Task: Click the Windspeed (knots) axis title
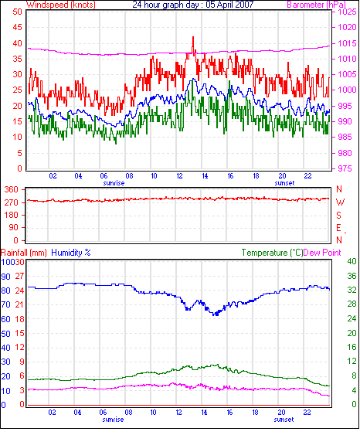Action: point(61,5)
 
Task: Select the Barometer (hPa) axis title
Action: point(317,5)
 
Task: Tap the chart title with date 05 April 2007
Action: point(193,5)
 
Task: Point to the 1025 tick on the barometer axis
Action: point(347,12)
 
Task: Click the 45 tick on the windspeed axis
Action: point(18,28)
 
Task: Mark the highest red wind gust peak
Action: point(193,37)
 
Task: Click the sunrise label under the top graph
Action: point(114,183)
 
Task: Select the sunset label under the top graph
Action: point(284,183)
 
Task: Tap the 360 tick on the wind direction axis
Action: point(12,190)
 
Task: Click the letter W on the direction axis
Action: point(340,202)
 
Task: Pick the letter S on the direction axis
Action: point(338,216)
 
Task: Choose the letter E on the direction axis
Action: point(338,228)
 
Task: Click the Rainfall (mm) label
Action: point(24,253)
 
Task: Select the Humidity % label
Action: point(71,253)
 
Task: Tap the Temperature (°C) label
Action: point(272,253)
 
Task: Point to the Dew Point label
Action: point(322,253)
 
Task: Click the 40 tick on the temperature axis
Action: point(352,261)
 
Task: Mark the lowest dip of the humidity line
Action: point(216,315)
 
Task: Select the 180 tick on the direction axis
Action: point(12,215)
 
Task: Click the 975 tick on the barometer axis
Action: point(345,168)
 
